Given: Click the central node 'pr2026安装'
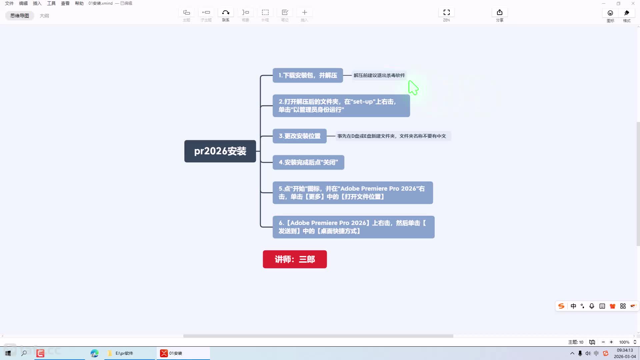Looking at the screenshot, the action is (x=220, y=151).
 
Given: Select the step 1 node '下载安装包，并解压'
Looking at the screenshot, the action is (x=308, y=75).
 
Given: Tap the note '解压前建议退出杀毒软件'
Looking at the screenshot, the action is (x=379, y=75).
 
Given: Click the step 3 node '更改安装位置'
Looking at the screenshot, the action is (x=299, y=136).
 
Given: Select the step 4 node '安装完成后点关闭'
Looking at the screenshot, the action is (x=308, y=162).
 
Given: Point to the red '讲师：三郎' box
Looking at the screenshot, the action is (x=295, y=259).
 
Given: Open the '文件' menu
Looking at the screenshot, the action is (x=9, y=3).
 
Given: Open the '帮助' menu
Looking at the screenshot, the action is (x=79, y=3).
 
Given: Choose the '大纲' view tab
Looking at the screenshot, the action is (x=44, y=16).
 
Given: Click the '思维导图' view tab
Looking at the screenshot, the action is (x=20, y=16).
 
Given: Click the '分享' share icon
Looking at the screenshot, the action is (x=500, y=15).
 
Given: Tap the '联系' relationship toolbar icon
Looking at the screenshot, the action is (x=226, y=15).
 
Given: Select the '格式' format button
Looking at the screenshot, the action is (x=627, y=15).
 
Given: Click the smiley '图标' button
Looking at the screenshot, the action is (x=610, y=15).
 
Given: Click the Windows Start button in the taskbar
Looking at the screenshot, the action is (x=8, y=353).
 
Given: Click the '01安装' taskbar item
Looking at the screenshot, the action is (x=183, y=353).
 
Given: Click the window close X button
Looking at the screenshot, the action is (x=633, y=3).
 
